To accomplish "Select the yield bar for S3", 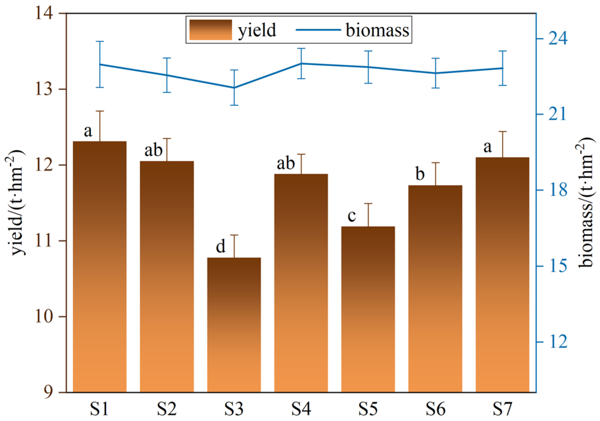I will [234, 324].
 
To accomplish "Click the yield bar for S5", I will [368, 309].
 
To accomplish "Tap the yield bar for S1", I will [100, 265].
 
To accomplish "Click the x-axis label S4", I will [301, 409].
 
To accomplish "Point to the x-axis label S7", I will [502, 409].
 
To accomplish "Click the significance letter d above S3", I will [221, 247].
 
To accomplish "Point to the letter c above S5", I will [352, 216].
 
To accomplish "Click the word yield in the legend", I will [257, 30].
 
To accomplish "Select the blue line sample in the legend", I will [318, 30].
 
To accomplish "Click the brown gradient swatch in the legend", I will [210, 30].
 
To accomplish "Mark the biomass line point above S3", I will [234, 88].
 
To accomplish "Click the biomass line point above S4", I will [301, 63].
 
